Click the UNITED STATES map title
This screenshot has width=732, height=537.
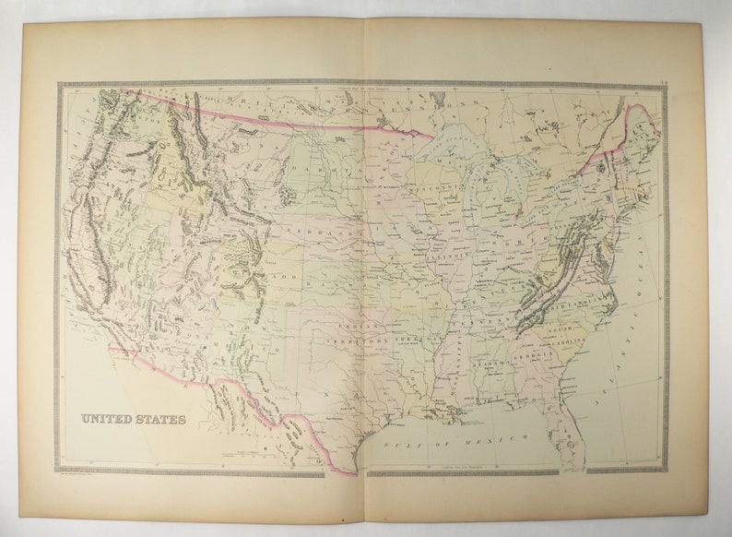133,419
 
